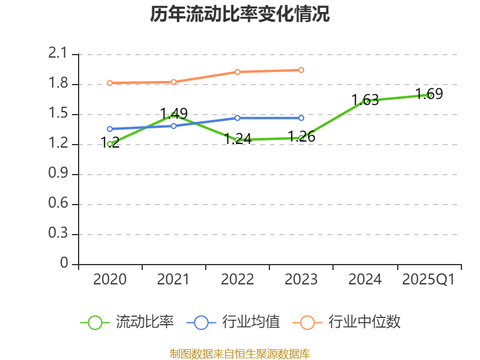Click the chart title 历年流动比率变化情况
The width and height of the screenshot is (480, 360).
coord(240,14)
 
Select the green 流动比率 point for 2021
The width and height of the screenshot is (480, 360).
coord(174,115)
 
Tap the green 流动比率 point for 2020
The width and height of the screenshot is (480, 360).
coord(110,144)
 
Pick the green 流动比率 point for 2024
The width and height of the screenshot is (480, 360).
coord(365,101)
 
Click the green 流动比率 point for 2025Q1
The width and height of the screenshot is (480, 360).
coord(429,95)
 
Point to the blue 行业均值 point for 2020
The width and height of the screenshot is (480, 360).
coord(110,129)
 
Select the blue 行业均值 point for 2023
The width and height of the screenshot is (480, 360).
coord(301,118)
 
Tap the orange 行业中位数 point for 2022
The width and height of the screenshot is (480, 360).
coord(238,72)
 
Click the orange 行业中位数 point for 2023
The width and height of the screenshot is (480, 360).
coord(301,70)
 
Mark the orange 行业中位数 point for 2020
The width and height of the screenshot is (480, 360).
coord(110,83)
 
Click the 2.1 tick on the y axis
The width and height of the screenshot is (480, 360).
coord(58,54)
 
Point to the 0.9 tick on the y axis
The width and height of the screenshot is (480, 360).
coord(58,174)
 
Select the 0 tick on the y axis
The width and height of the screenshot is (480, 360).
coord(65,264)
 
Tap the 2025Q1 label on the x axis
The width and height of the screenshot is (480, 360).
coord(428,280)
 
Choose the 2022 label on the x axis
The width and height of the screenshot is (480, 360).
coord(238,280)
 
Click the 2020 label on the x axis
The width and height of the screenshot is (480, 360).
coord(110,280)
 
